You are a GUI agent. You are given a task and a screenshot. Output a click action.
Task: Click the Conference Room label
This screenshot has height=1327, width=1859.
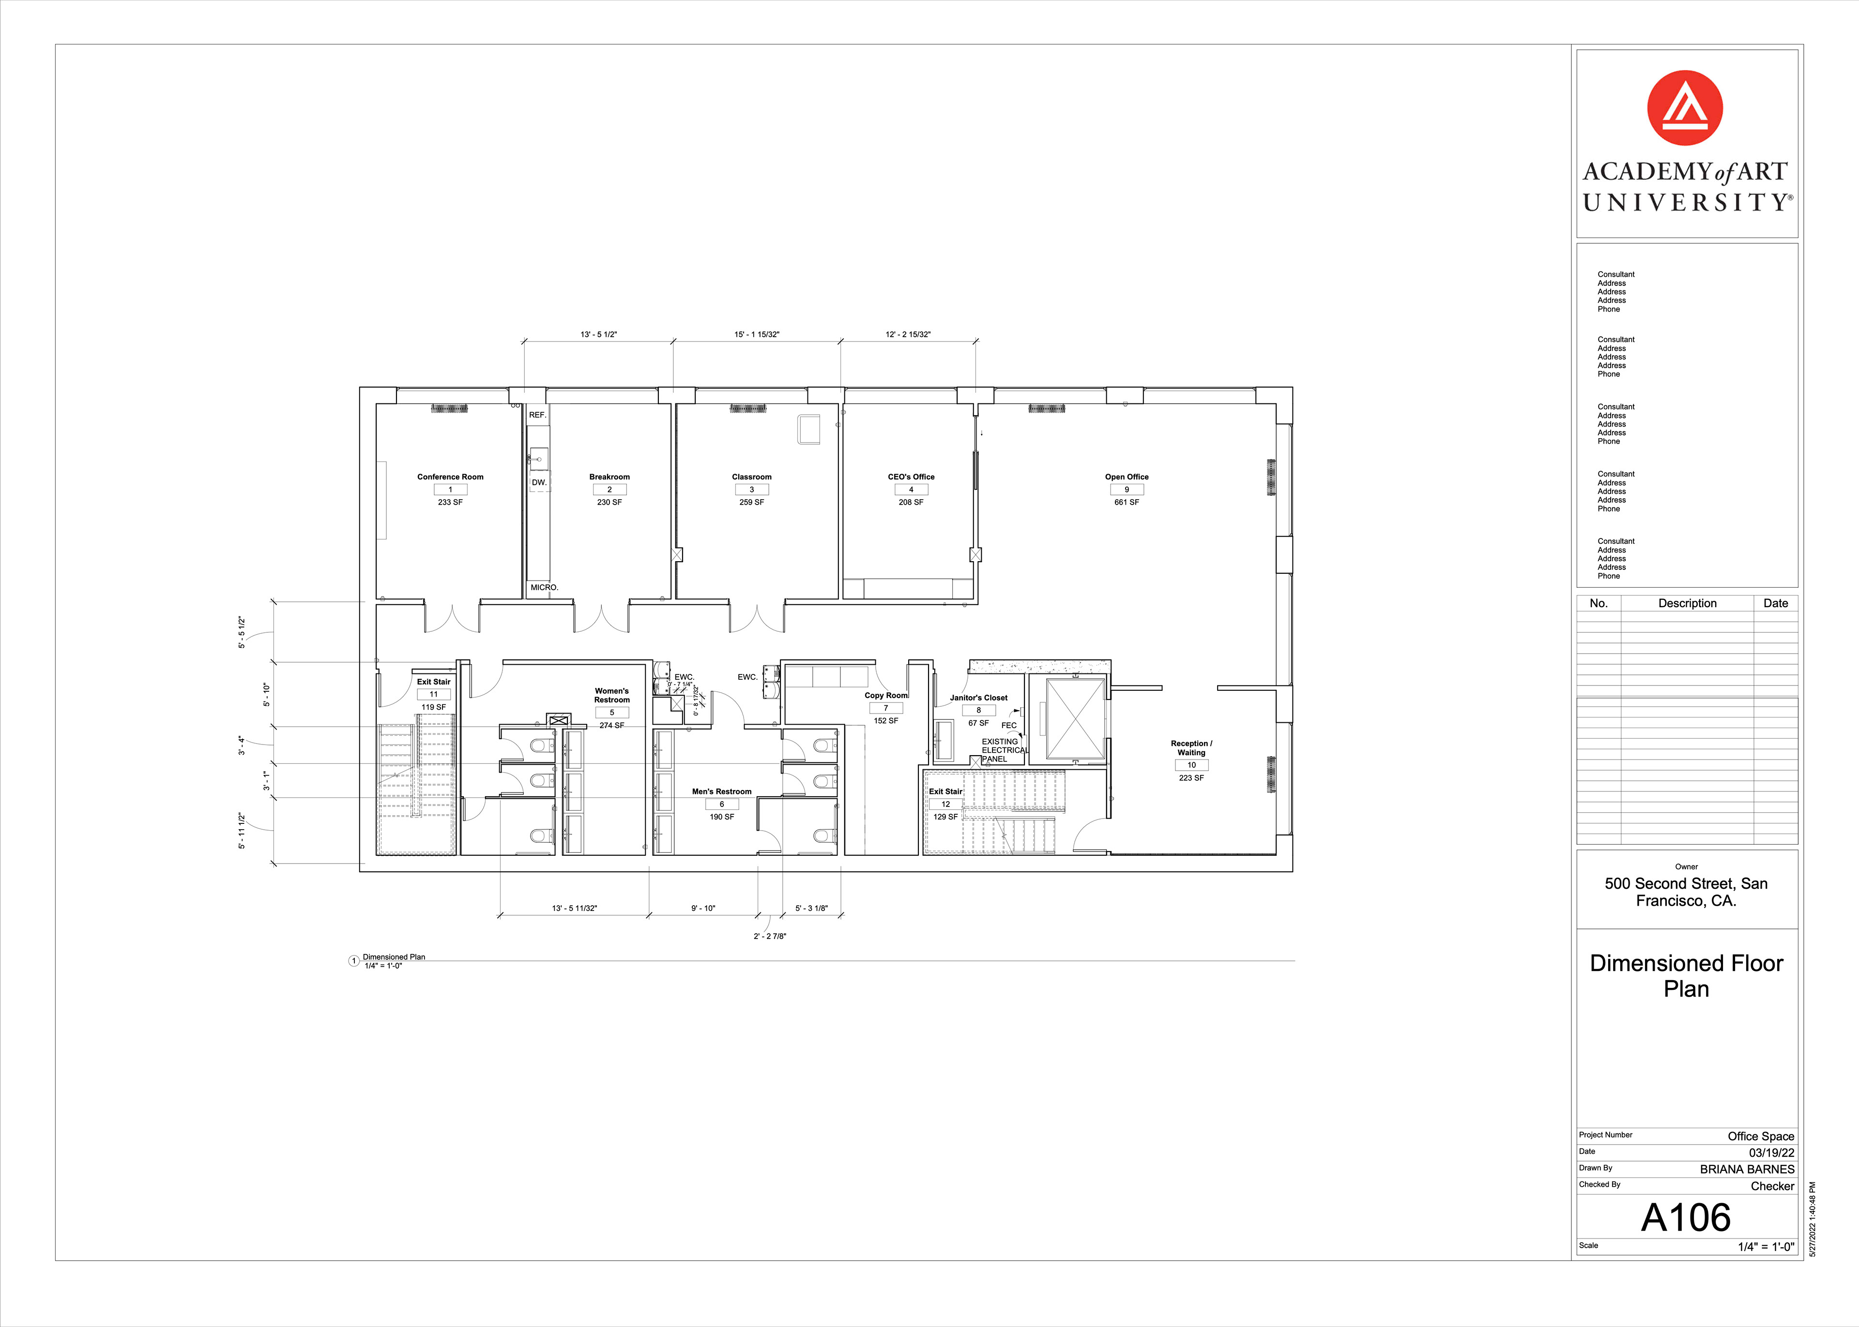click(450, 477)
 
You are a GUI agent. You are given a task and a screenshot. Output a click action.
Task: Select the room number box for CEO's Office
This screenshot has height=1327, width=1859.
click(911, 490)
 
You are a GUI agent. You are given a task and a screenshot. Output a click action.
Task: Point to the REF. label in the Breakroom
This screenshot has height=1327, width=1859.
click(537, 415)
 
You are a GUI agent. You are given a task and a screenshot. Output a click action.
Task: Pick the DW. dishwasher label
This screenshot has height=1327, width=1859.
click(539, 483)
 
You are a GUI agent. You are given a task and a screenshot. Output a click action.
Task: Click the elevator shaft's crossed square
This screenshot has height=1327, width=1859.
click(1075, 719)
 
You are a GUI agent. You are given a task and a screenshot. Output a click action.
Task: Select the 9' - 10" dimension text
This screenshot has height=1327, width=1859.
click(703, 909)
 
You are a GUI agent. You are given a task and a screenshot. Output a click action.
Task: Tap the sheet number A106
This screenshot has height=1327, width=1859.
click(1686, 1218)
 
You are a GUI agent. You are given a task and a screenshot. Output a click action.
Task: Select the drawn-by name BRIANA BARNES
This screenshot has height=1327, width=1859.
click(1747, 1169)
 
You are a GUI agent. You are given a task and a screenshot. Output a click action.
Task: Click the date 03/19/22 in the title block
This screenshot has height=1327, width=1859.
click(1771, 1153)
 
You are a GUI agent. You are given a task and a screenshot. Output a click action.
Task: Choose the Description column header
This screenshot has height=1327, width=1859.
click(1687, 603)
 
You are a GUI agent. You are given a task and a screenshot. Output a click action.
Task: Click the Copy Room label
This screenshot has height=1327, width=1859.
click(886, 695)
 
